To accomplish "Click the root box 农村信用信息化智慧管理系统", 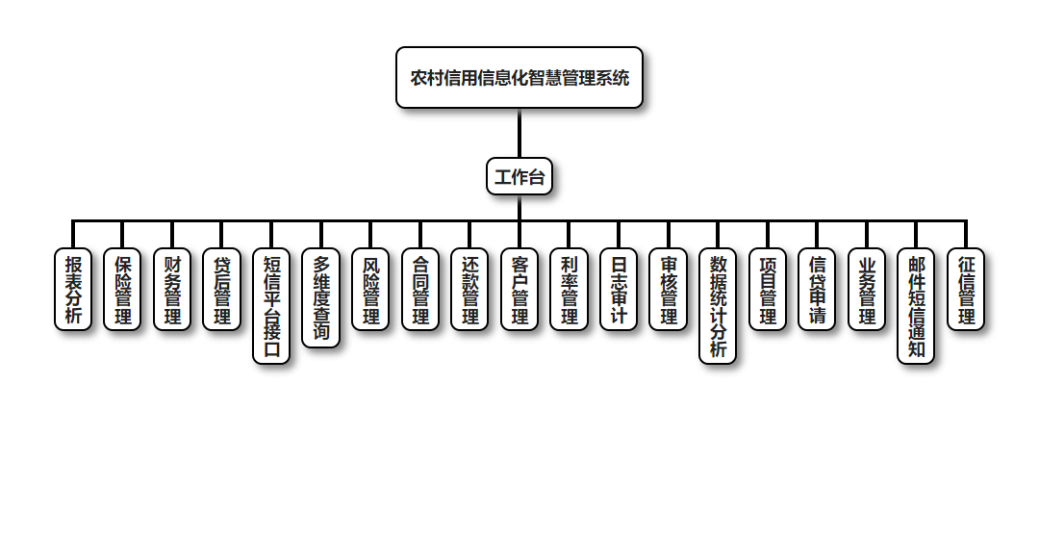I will (x=519, y=78).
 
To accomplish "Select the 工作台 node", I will (x=519, y=176).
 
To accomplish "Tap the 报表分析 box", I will (x=73, y=290).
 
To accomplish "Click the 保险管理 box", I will (x=123, y=290).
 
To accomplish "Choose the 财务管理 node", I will (x=172, y=290).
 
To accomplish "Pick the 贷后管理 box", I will (x=222, y=290).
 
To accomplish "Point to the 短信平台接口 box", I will (x=271, y=306).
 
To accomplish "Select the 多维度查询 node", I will (x=321, y=298).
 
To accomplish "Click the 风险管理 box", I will (x=370, y=290).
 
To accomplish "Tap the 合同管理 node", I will (x=420, y=290).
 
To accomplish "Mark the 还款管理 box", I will (x=469, y=290).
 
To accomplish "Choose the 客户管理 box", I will (x=519, y=290).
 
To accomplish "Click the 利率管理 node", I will (x=570, y=290).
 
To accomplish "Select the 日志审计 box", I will (x=619, y=290).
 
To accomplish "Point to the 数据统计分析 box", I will (x=718, y=306).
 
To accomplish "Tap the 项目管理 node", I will (x=768, y=290).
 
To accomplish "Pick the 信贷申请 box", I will (x=817, y=290).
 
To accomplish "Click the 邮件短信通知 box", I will (x=916, y=306).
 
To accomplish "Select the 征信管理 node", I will (x=966, y=290).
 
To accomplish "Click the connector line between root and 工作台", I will (x=519, y=133).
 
